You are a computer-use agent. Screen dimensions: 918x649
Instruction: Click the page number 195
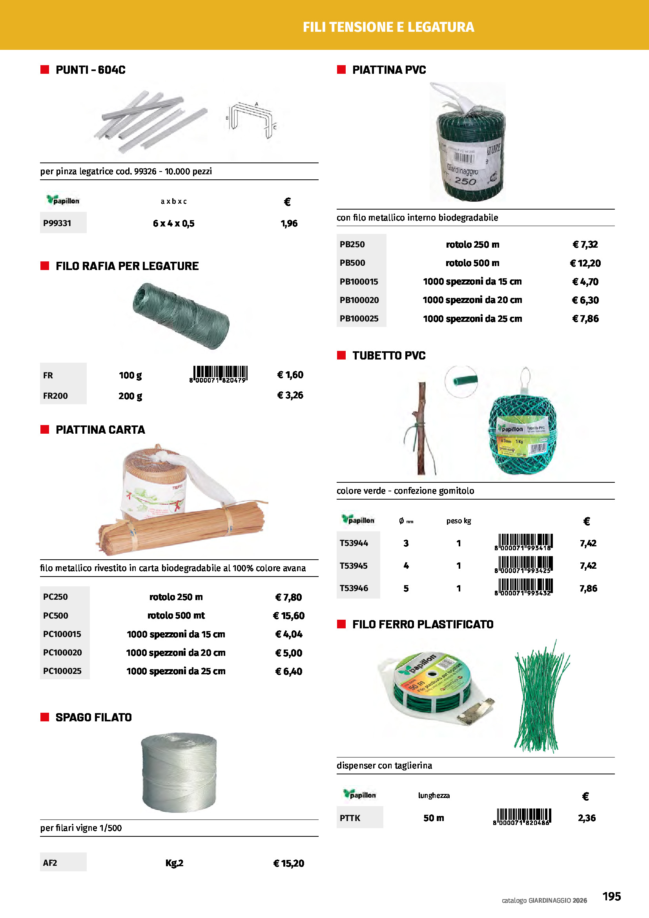[x=611, y=896]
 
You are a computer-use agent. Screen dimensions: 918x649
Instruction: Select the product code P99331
[x=57, y=223]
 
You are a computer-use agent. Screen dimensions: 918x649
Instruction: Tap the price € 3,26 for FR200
[x=290, y=396]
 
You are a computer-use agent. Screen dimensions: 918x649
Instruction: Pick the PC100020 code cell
[x=62, y=653]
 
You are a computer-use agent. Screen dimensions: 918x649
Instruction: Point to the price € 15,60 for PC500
[x=288, y=616]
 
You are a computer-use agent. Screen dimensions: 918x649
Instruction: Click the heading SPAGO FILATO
[x=93, y=717]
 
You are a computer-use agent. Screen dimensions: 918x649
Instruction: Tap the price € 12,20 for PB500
[x=585, y=263]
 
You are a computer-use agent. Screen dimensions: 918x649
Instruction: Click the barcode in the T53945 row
[x=523, y=565]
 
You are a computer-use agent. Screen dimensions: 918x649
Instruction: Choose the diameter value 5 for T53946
[x=406, y=588]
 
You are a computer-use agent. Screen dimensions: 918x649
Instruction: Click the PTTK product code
[x=350, y=818]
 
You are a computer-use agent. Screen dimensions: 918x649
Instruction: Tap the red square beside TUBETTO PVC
[x=341, y=356]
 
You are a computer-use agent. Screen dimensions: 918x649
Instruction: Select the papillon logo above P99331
[x=63, y=200]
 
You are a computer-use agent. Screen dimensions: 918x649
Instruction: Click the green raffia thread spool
[x=181, y=316]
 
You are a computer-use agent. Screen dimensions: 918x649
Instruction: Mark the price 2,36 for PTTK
[x=587, y=818]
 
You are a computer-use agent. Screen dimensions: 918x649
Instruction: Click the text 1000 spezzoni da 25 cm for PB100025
[x=472, y=319]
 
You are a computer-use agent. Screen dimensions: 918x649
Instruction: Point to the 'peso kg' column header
[x=458, y=521]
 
